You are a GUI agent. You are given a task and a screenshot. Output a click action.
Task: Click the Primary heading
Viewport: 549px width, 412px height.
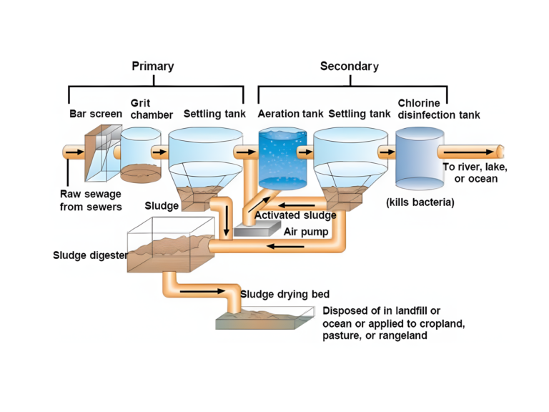point(152,67)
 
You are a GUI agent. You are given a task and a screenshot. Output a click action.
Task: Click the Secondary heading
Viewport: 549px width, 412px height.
point(349,67)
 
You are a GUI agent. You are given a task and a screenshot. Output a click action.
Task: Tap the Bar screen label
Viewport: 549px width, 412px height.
point(95,114)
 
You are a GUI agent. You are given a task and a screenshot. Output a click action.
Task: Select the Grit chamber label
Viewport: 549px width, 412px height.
point(151,109)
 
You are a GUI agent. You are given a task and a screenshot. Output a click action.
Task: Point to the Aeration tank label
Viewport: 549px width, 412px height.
point(290,114)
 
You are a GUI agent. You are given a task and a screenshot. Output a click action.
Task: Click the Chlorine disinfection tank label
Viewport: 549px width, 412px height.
point(438,109)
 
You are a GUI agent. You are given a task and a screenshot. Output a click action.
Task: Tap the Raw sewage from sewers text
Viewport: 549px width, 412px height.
point(90,200)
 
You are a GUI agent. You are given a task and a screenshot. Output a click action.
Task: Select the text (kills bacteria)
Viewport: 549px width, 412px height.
point(420,202)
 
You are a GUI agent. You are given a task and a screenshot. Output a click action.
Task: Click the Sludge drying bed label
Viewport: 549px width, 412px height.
point(285,294)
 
